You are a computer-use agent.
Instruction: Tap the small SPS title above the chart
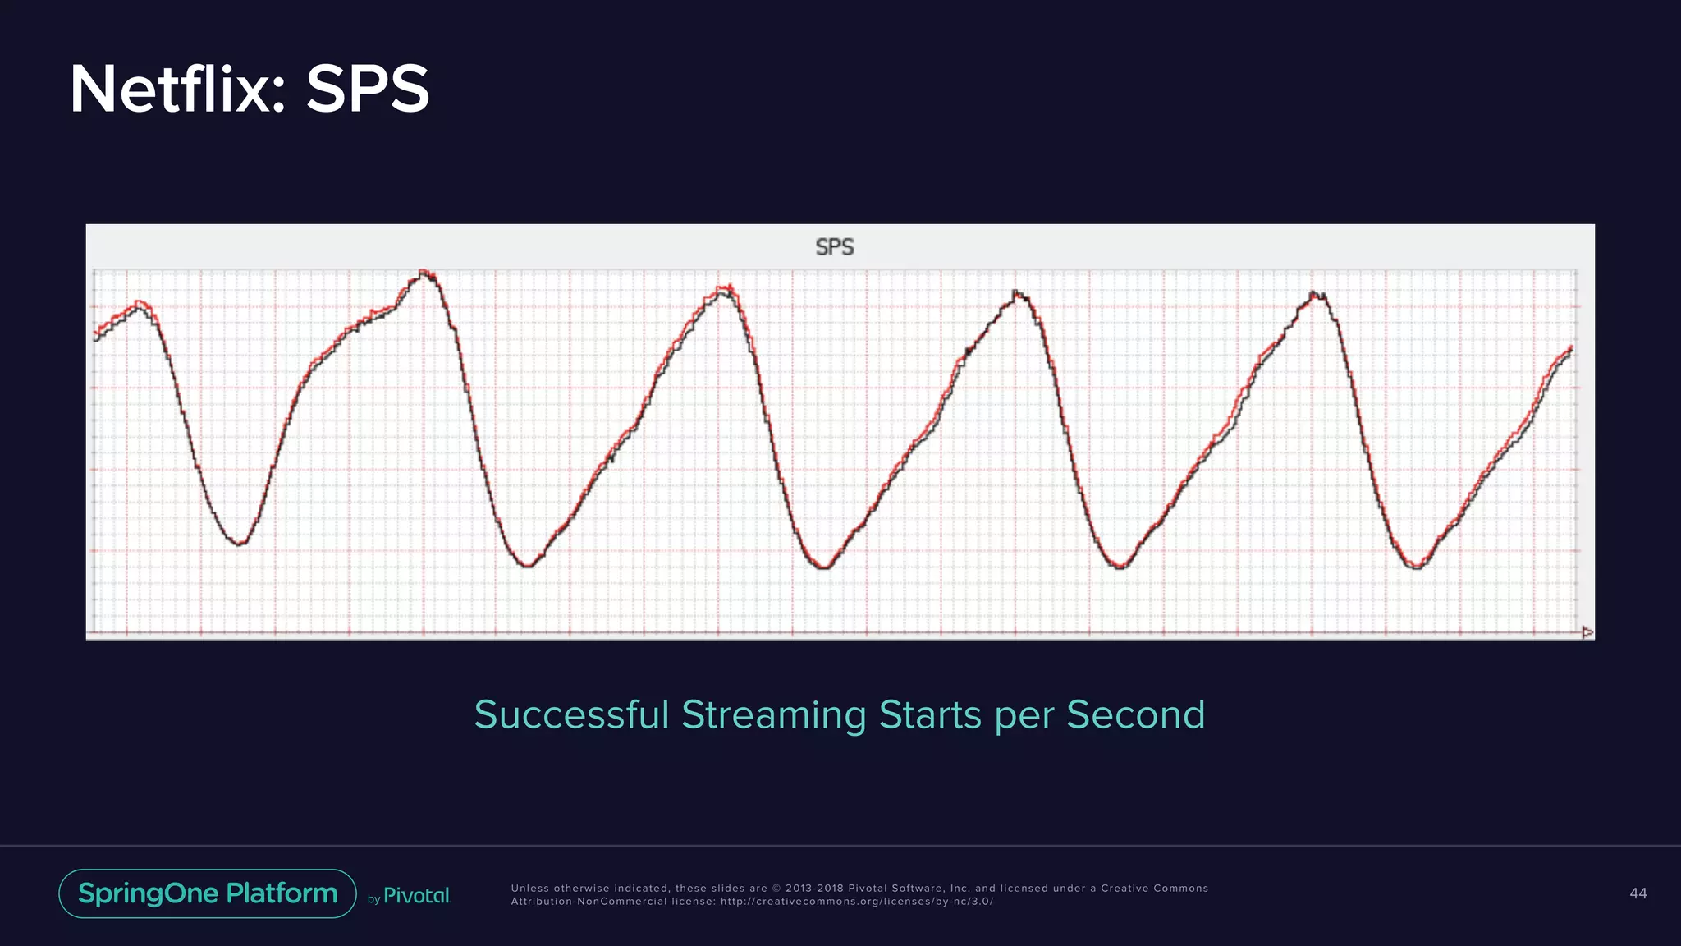[x=835, y=247]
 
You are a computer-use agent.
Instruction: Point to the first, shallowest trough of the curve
[x=240, y=543]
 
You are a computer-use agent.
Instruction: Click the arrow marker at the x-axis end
[x=1587, y=631]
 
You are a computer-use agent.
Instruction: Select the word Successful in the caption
[x=571, y=714]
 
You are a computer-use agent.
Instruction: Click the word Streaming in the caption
[x=774, y=714]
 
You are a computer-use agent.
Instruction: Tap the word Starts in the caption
[x=930, y=714]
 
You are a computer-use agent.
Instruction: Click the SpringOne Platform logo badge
[x=208, y=893]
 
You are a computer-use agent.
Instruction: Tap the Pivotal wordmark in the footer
[x=417, y=896]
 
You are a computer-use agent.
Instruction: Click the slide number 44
[x=1637, y=893]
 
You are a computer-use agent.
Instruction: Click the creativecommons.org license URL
[x=856, y=902]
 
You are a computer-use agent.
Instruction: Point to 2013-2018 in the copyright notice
[x=813, y=889]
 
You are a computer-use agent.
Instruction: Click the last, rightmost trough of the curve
[x=1417, y=567]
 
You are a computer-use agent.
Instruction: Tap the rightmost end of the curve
[x=1571, y=348]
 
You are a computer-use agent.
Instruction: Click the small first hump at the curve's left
[x=140, y=303]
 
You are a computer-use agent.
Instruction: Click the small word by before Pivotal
[x=373, y=899]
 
